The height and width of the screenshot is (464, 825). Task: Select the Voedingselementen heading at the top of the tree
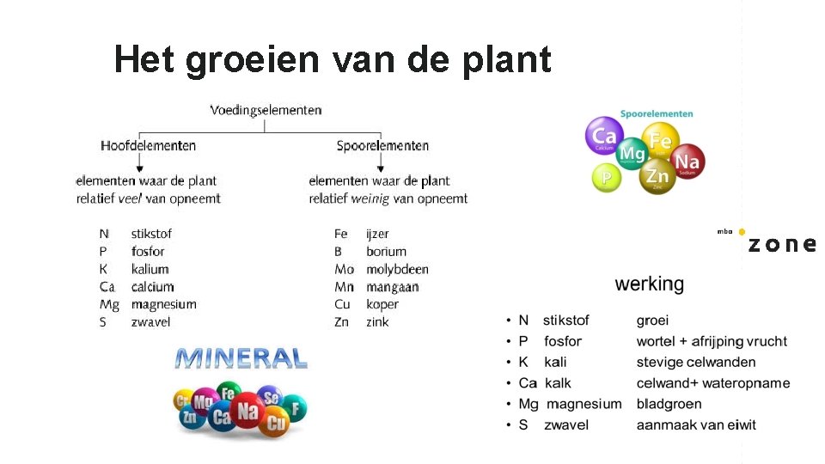point(266,110)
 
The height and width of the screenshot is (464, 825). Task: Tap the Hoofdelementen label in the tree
point(148,146)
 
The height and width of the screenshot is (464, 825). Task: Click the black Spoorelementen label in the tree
point(382,146)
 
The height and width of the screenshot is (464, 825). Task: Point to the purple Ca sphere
point(605,137)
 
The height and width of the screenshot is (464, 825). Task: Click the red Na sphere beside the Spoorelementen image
point(687,161)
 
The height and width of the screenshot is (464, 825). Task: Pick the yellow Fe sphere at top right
point(660,140)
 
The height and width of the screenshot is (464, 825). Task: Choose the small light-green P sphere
point(607,178)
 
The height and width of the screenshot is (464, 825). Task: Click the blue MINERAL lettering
point(241,357)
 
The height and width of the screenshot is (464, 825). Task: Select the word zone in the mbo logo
point(781,244)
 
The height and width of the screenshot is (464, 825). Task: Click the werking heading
point(650,284)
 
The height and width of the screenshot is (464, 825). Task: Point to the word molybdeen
point(397,269)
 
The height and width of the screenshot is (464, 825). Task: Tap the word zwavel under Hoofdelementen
point(150,322)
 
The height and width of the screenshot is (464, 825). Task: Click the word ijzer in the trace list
point(377,234)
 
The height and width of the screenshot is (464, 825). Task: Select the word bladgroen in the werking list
point(669,404)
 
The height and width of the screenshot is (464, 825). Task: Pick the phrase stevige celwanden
point(696,362)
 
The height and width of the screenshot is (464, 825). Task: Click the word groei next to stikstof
point(652,321)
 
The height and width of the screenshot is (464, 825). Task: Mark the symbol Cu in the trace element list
point(343,304)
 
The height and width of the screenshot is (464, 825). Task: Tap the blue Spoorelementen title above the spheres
point(657,113)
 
